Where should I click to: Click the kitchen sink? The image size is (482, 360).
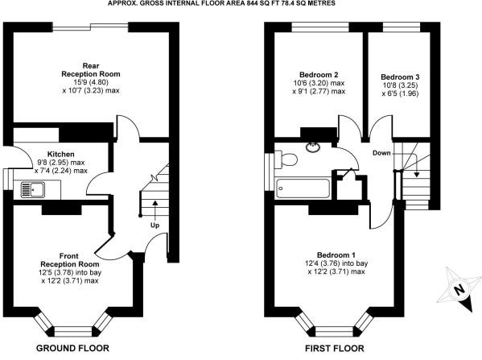(x=33, y=189)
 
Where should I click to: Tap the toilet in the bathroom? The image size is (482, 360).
(x=286, y=159)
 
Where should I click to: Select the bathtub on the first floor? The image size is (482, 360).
(x=303, y=188)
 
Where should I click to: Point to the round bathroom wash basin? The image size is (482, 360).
(x=313, y=147)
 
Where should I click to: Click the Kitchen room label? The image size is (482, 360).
(x=61, y=154)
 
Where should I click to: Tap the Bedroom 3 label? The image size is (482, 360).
(x=400, y=77)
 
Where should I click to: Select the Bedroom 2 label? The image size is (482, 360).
(x=319, y=75)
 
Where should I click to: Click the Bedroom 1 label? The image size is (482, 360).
(x=336, y=255)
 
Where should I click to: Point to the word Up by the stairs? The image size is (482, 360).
(x=155, y=226)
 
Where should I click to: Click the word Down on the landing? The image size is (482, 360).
(x=381, y=153)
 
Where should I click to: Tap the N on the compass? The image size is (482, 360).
(x=459, y=290)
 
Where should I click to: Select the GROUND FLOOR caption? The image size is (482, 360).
(x=72, y=348)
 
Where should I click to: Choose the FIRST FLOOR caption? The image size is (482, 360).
(x=335, y=349)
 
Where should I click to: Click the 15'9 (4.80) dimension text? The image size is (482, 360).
(x=91, y=82)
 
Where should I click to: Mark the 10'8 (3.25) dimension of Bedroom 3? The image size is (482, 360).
(x=400, y=85)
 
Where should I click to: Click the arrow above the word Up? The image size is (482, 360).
(x=155, y=211)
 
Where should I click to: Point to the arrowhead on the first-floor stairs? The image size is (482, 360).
(x=417, y=175)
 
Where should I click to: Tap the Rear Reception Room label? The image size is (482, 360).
(x=91, y=70)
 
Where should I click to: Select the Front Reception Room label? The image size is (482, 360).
(x=70, y=260)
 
